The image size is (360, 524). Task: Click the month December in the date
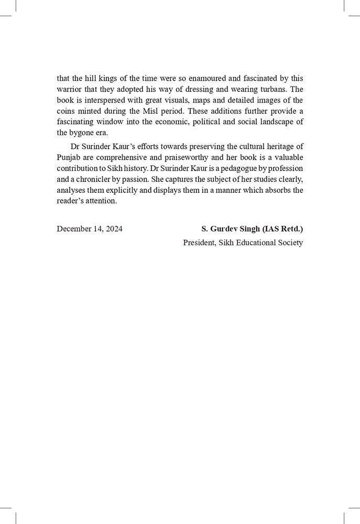point(75,229)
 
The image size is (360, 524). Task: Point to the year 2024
point(114,229)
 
